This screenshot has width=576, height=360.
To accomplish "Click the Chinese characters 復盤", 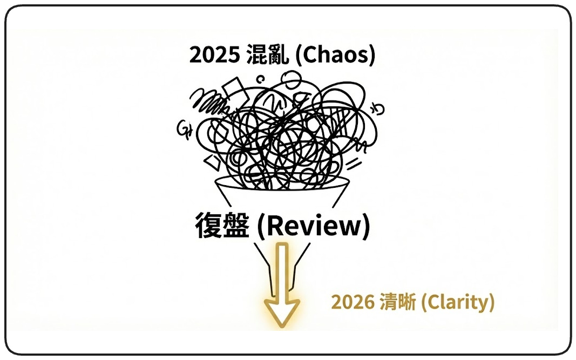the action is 222,226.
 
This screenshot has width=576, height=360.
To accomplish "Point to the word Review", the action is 313,226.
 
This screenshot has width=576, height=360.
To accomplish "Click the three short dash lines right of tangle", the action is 353,162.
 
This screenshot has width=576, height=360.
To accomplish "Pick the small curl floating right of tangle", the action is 380,110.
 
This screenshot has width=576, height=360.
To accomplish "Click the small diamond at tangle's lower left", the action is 213,160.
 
